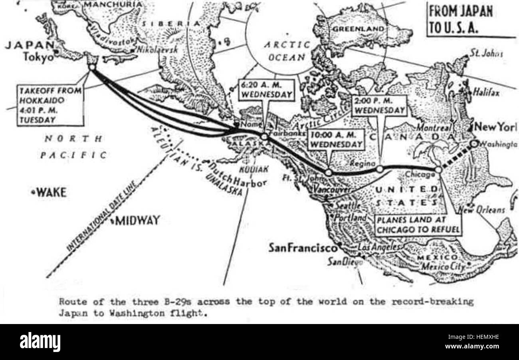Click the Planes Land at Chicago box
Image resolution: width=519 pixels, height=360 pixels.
click(417, 225)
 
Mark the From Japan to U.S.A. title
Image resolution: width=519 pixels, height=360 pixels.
click(461, 20)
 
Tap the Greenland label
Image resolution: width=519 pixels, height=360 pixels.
click(359, 29)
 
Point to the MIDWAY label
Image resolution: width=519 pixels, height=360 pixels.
click(137, 220)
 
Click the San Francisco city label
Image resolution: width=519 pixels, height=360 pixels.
click(302, 248)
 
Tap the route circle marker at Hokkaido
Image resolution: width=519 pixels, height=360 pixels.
click(92, 67)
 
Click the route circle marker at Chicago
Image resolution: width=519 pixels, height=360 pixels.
click(438, 170)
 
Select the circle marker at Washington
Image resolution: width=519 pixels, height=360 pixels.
click(473, 143)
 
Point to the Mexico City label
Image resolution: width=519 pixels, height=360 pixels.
click(444, 266)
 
